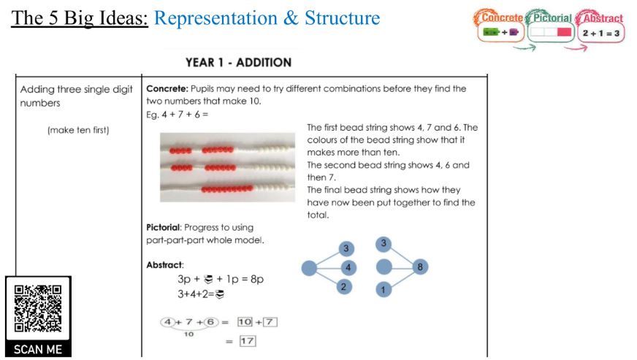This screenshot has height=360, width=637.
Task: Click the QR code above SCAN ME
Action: point(38,309)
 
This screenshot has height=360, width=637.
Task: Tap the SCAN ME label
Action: point(38,349)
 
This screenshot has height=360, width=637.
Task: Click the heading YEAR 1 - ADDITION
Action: point(238,62)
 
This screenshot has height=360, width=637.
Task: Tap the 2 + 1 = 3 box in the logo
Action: point(600,33)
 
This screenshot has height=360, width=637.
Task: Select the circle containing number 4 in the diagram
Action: point(349,268)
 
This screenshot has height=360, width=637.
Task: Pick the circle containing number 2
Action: point(344,287)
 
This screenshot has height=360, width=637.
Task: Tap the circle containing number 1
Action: point(385,289)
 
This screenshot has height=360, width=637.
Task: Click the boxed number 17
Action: point(248,340)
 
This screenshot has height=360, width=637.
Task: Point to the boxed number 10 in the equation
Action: point(247,321)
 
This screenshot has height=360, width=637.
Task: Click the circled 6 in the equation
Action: point(210,321)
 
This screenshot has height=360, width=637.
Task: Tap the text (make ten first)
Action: point(78,131)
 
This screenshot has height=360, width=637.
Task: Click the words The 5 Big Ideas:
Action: point(80,18)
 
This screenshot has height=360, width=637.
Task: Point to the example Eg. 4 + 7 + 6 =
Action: point(178,114)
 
